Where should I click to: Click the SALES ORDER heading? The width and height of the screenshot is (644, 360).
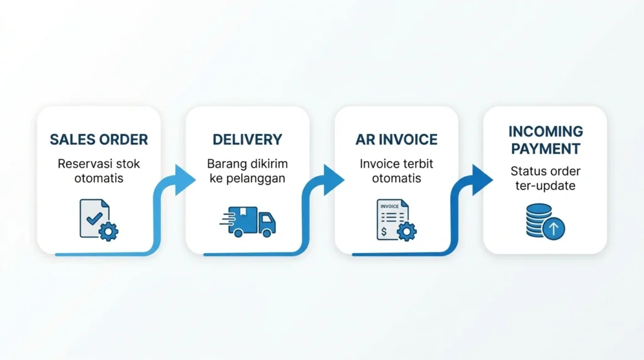99,140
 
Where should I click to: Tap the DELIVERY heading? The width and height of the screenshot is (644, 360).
247,140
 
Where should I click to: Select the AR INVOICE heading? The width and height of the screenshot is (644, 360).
396,140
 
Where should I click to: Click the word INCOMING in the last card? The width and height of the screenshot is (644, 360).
545,132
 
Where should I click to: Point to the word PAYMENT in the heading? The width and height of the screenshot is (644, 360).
545,149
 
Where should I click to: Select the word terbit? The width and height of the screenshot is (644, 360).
419,164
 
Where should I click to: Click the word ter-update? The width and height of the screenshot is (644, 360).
545,186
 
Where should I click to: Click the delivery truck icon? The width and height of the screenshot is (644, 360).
248,222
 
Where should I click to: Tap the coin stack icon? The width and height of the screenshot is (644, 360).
539,220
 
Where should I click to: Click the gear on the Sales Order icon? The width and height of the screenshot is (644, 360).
108,232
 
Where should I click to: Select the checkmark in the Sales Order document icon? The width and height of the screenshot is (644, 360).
94,217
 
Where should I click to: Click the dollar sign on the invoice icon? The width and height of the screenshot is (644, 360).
384,232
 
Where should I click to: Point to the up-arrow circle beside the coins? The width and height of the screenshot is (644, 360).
553,228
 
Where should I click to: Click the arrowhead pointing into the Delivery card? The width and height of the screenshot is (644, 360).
185,179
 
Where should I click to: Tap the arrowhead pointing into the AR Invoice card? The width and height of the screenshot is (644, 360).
333,179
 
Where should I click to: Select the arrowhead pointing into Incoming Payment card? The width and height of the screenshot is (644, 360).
482,179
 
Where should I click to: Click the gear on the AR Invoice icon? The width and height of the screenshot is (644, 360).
407,232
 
